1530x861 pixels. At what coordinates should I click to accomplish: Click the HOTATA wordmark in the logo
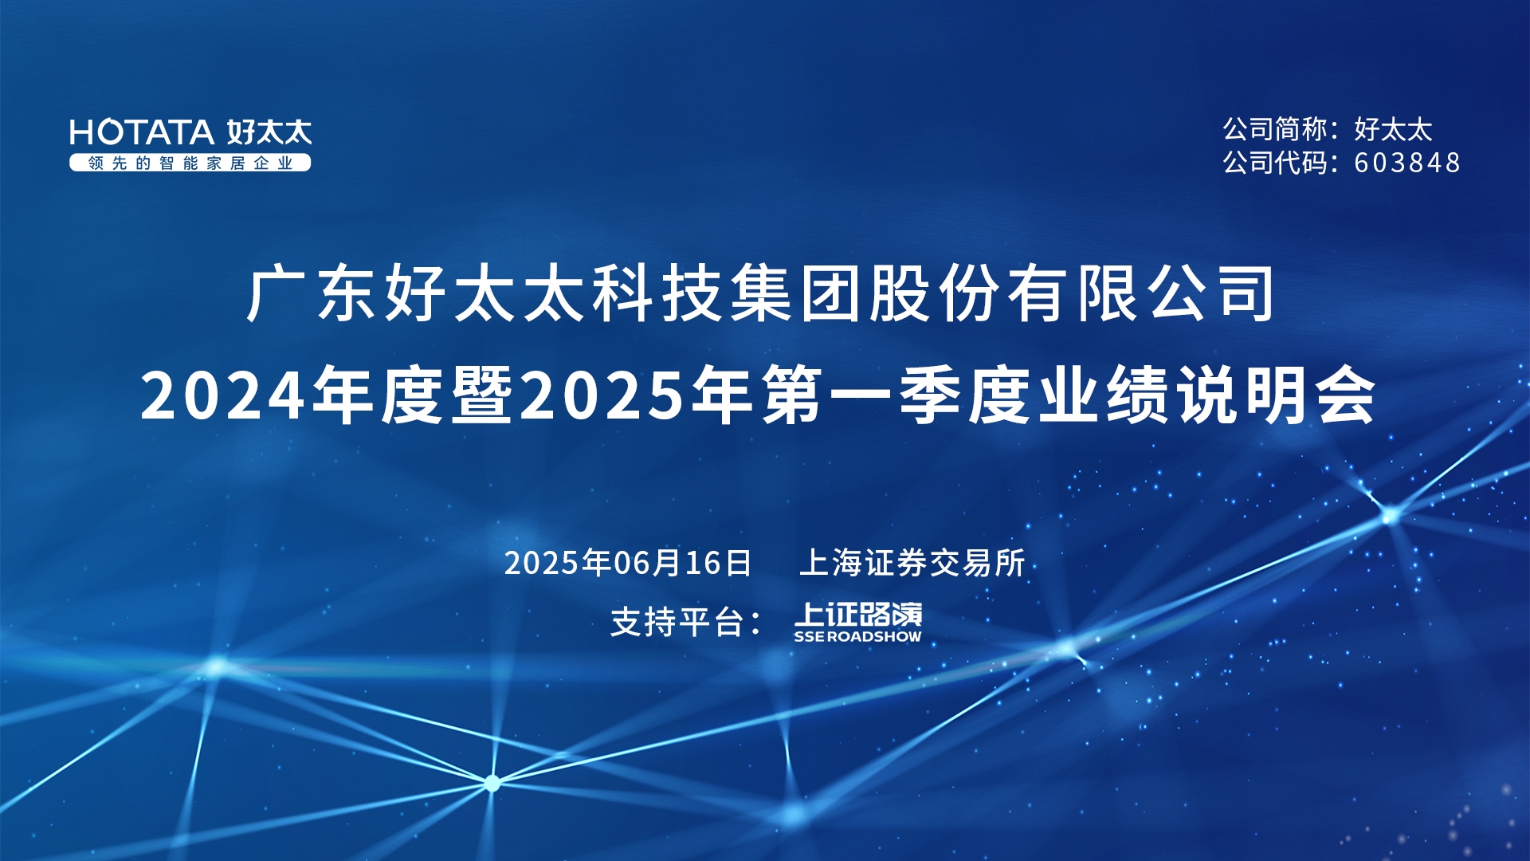pyautogui.click(x=142, y=132)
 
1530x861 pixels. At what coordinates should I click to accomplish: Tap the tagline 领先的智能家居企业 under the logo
pyautogui.click(x=190, y=163)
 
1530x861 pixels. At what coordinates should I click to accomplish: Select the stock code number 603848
pyautogui.click(x=1407, y=163)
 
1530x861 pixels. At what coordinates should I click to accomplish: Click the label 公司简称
pyautogui.click(x=1275, y=129)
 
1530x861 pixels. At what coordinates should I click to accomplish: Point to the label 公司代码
pyautogui.click(x=1275, y=163)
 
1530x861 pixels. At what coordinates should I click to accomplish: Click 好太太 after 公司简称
pyautogui.click(x=1394, y=129)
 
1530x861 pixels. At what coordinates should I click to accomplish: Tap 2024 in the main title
pyautogui.click(x=222, y=395)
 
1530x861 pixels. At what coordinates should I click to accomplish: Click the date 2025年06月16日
pyautogui.click(x=628, y=563)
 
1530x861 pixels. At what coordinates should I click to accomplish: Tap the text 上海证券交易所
pyautogui.click(x=912, y=563)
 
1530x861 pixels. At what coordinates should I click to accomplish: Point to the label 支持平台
pyautogui.click(x=677, y=622)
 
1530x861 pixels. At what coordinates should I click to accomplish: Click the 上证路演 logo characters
pyautogui.click(x=858, y=614)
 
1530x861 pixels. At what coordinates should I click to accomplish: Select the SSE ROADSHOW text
pyautogui.click(x=857, y=636)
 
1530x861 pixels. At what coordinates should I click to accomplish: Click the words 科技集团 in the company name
pyautogui.click(x=728, y=294)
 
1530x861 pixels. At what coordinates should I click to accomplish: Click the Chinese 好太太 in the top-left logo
pyautogui.click(x=269, y=132)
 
